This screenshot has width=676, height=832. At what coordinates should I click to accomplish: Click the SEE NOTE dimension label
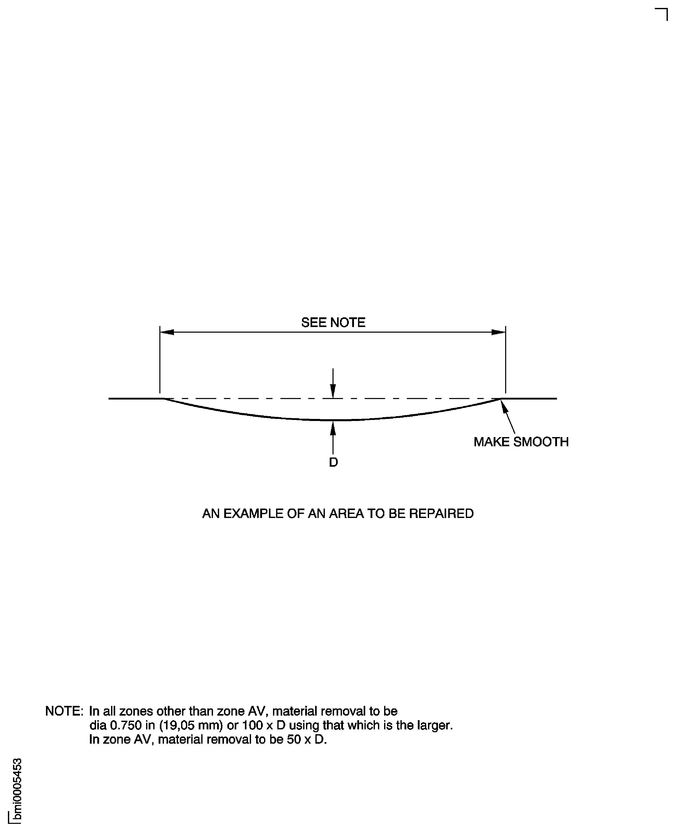pos(333,322)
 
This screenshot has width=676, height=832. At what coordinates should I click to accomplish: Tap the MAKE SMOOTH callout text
pos(521,442)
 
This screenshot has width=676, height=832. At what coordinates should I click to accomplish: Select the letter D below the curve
pos(333,463)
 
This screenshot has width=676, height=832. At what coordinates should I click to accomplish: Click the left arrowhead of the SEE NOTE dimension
pos(168,332)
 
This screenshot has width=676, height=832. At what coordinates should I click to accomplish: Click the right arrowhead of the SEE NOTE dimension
pos(499,332)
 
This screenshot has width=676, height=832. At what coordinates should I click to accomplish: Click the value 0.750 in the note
pos(126,725)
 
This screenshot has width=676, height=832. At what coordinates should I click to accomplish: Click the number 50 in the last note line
pos(294,739)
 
